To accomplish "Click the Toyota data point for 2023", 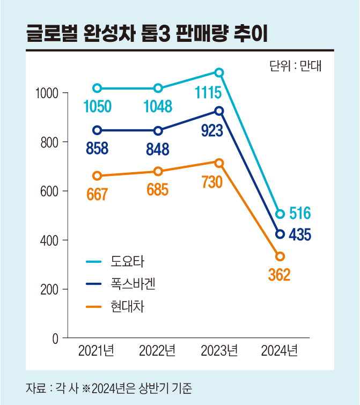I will tap(219, 72).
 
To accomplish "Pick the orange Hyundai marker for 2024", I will tap(280, 256).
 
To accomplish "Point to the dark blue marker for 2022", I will tap(158, 131).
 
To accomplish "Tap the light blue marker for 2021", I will tap(97, 88).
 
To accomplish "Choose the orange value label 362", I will tap(279, 275).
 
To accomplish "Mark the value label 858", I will tap(97, 149).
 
